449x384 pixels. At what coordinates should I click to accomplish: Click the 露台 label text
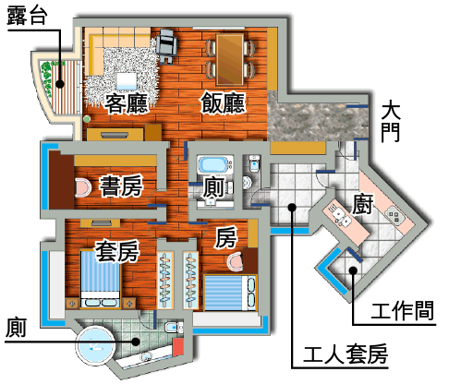[27, 15]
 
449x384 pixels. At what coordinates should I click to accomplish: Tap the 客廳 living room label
[127, 103]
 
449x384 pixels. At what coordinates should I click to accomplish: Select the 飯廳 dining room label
[223, 102]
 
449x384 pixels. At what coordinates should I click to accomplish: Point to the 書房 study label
[121, 186]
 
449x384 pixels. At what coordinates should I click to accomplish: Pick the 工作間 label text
[402, 310]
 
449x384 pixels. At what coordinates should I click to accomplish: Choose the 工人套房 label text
[346, 354]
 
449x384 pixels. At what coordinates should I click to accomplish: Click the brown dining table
[230, 59]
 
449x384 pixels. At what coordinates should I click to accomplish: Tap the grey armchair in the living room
[166, 46]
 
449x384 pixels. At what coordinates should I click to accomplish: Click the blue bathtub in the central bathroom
[213, 164]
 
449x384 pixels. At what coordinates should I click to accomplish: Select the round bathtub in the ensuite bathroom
[95, 344]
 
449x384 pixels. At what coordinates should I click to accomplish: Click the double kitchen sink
[342, 216]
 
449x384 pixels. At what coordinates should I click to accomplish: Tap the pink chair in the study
[82, 187]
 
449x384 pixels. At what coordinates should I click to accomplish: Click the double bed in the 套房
[100, 280]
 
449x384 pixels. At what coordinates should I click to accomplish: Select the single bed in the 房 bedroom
[230, 293]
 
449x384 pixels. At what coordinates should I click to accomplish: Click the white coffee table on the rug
[127, 81]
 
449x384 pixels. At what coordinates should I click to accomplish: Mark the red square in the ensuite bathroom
[177, 347]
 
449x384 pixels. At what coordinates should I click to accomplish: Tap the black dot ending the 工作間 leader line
[353, 270]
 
